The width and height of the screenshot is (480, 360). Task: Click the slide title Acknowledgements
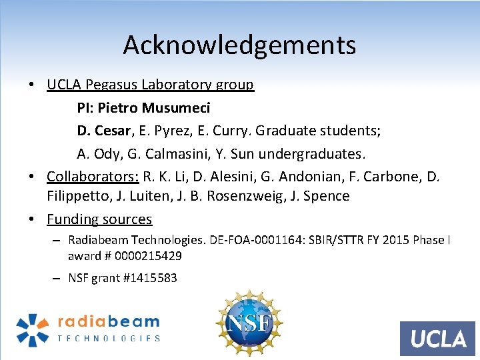click(239, 45)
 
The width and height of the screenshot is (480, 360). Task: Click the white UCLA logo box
click(437, 339)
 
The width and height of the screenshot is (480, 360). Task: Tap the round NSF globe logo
click(249, 323)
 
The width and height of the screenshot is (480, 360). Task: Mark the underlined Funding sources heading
click(99, 219)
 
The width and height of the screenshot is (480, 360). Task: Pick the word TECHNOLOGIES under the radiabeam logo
click(109, 338)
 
